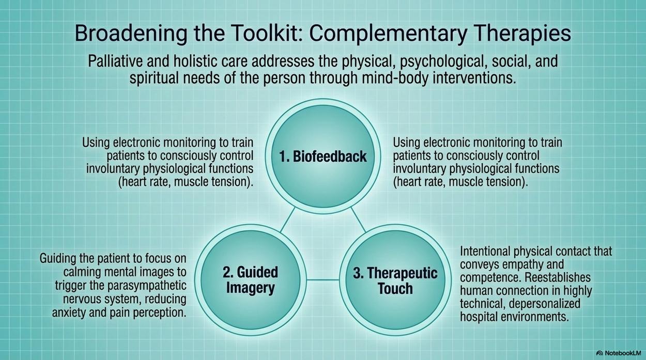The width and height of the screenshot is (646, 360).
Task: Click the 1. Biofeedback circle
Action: click(323, 156)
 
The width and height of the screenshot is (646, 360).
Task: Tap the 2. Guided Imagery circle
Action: click(250, 280)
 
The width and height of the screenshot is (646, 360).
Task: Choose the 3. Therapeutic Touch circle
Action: click(395, 280)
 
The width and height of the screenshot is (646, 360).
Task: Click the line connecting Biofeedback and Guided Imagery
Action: click(287, 220)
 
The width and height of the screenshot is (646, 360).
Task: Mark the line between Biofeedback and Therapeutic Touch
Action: click(358, 220)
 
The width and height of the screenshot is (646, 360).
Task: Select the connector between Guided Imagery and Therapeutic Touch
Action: click(323, 279)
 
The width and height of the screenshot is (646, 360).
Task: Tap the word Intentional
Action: click(485, 251)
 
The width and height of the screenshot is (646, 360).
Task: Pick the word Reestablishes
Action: click(558, 277)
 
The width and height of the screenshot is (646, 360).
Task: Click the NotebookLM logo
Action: click(619, 353)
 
